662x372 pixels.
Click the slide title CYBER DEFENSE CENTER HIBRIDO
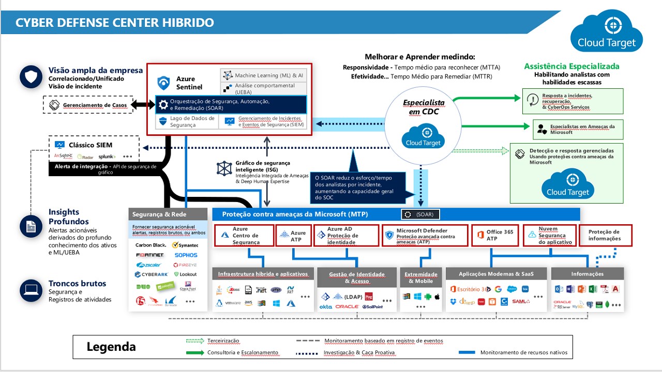(x=114, y=23)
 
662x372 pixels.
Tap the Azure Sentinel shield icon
(x=164, y=83)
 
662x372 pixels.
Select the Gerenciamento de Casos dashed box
(x=91, y=105)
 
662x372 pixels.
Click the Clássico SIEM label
(x=91, y=145)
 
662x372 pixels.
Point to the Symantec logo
(x=185, y=245)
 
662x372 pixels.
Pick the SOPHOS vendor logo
(x=186, y=255)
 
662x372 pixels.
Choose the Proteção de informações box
(x=605, y=236)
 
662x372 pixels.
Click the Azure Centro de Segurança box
(x=244, y=236)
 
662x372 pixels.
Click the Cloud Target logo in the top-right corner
(x=607, y=32)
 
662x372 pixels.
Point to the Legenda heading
(x=111, y=347)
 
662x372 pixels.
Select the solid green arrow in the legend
(x=195, y=353)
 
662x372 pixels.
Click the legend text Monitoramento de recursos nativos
(x=523, y=353)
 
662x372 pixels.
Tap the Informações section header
(x=587, y=274)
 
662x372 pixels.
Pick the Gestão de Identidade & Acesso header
(x=357, y=277)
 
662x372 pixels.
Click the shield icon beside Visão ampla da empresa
(x=31, y=77)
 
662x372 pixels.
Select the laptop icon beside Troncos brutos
(x=31, y=290)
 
